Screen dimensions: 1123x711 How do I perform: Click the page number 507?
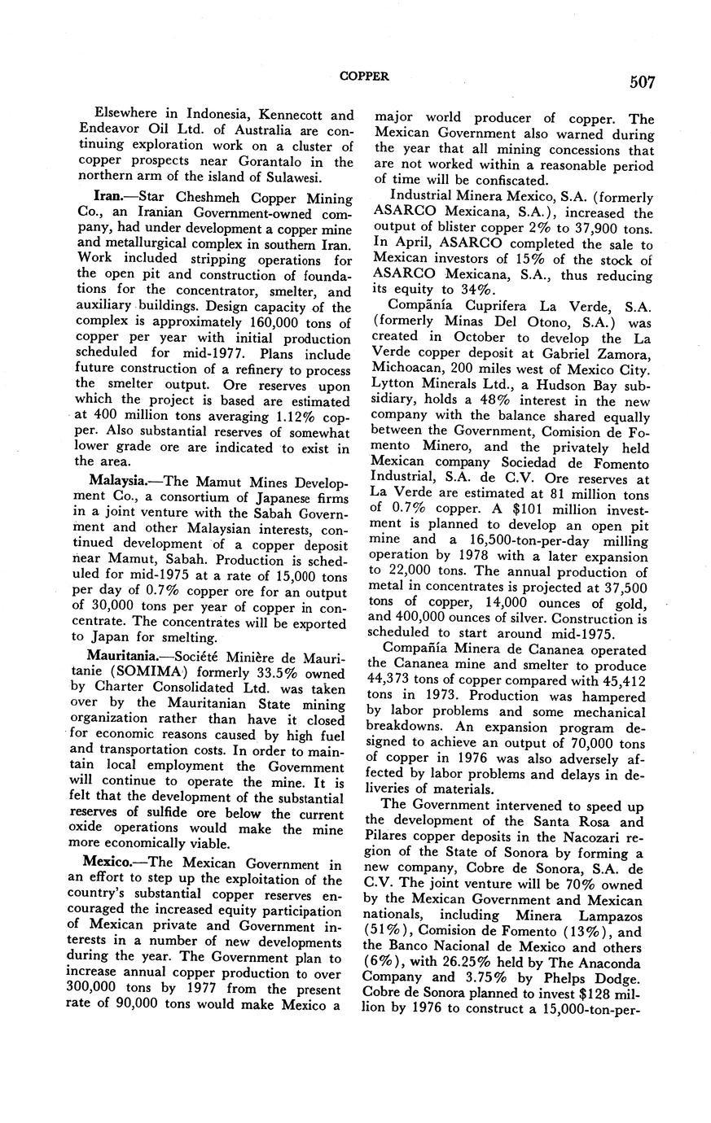pos(641,81)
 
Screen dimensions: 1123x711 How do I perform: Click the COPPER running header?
pos(363,76)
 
